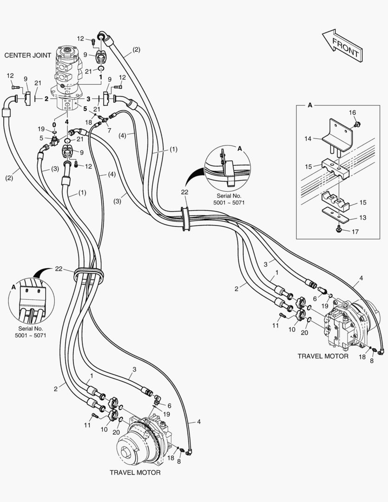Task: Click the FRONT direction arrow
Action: pos(342,46)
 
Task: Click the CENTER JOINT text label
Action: pos(27,55)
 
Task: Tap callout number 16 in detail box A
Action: pos(352,112)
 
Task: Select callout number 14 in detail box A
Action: pos(308,139)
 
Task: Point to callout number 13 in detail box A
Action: pos(362,218)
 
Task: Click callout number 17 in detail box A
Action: pos(355,231)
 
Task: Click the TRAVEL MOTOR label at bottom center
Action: pos(135,473)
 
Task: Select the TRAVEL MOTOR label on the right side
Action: pos(323,356)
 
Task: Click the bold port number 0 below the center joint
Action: pos(54,125)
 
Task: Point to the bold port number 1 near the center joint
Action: pos(100,77)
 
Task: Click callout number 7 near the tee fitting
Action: pos(109,130)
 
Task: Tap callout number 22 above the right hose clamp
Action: pos(185,192)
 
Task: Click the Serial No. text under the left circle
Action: pos(30,329)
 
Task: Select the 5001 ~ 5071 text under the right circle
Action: pos(229,202)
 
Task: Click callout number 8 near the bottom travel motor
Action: pos(179,462)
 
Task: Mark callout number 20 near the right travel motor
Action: pos(304,333)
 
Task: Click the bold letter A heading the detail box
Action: pos(309,105)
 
